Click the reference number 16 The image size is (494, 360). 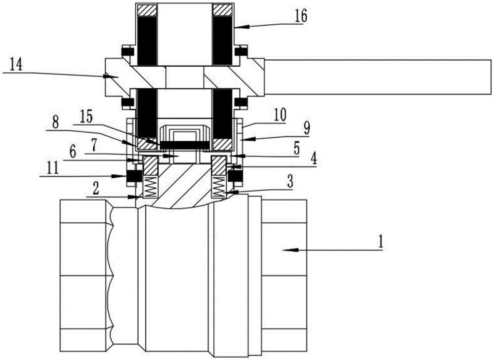pyautogui.click(x=301, y=16)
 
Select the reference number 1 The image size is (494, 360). pyautogui.click(x=380, y=242)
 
